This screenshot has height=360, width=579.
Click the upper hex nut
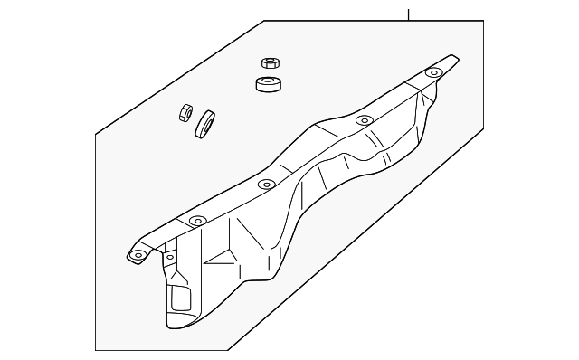coord(268,63)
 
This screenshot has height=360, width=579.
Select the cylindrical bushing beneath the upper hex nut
coord(267,86)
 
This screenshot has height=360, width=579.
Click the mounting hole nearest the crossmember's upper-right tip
coord(434,71)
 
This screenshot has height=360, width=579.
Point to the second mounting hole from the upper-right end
coord(364,119)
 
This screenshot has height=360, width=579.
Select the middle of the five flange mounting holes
coord(265,185)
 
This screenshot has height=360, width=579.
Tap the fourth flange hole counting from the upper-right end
coord(197,220)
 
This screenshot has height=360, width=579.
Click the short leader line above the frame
coord(409,14)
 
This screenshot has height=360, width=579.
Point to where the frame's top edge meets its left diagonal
coord(264,21)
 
